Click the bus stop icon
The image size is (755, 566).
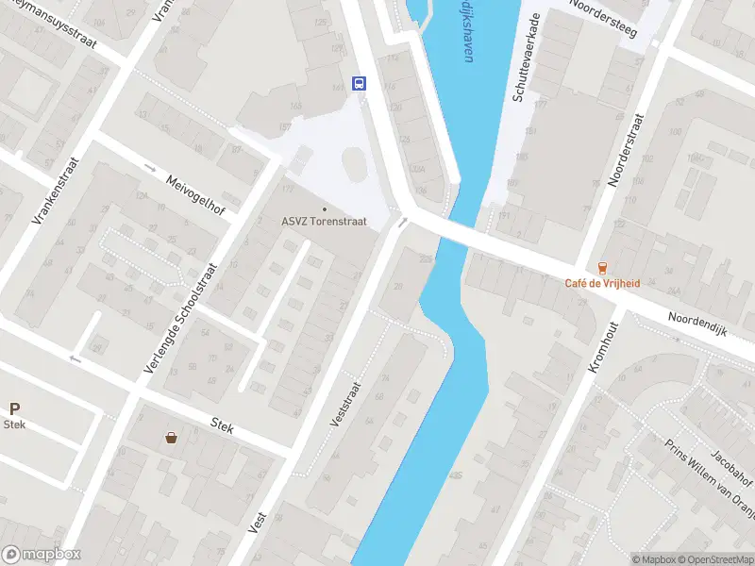[x=360, y=83]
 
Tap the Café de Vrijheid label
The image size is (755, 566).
[x=602, y=284]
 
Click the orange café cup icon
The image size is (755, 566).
[x=602, y=268]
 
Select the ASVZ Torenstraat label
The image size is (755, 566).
[x=324, y=222]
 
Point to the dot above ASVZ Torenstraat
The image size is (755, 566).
[x=324, y=208]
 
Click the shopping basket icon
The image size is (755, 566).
[x=172, y=437]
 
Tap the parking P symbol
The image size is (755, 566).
[x=14, y=408]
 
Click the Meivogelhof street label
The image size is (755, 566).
[x=194, y=194]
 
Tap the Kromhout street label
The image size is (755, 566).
[x=604, y=345]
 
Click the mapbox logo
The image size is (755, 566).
[x=42, y=555]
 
